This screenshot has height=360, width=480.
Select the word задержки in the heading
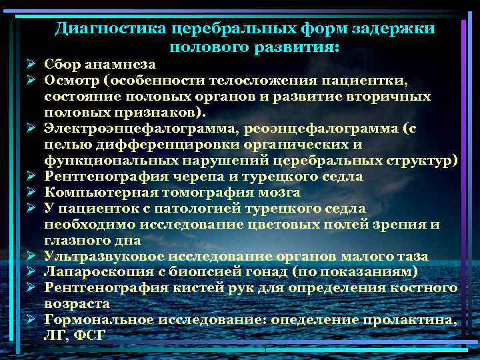coord(397,29)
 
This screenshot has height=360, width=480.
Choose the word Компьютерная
coord(95,192)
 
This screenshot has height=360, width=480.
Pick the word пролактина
coord(413,320)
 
